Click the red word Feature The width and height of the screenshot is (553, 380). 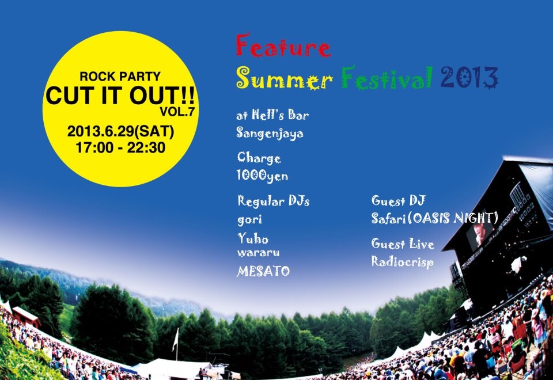click(283, 46)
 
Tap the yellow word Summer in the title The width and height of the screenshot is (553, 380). click(284, 78)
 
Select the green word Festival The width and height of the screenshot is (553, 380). click(387, 77)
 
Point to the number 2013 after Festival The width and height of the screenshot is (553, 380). click(469, 77)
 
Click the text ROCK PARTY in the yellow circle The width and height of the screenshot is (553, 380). click(120, 76)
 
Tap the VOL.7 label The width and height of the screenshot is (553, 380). click(177, 111)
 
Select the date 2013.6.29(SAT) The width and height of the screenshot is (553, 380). click(120, 131)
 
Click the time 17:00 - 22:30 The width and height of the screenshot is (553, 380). click(120, 147)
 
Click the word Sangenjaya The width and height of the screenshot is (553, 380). click(270, 134)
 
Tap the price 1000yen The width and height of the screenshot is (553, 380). click(262, 176)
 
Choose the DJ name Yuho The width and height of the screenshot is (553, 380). click(253, 238)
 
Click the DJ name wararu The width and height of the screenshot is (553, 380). click(258, 252)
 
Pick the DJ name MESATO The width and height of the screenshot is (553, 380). click(263, 271)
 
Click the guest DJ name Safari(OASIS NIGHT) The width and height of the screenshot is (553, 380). click(434, 218)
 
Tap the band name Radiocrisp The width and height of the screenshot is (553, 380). click(402, 262)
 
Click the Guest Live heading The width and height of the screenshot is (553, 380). click(403, 244)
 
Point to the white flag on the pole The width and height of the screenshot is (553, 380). click(175, 340)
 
